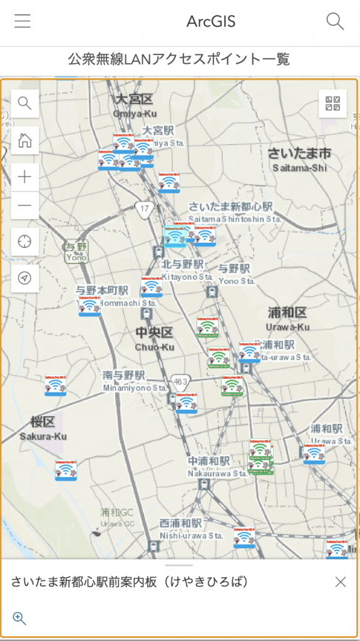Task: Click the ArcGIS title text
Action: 211,22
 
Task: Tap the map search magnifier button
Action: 25,103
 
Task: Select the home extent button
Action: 25,140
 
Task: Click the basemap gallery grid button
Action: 332,104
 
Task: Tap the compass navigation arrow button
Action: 25,279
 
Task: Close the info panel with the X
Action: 340,582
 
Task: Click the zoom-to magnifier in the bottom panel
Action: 19,619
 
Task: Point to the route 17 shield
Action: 145,208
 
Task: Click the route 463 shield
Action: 181,381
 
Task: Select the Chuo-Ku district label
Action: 154,339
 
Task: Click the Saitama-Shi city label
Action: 299,159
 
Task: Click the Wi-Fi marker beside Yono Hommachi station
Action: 90,307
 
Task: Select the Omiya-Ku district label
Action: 135,105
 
